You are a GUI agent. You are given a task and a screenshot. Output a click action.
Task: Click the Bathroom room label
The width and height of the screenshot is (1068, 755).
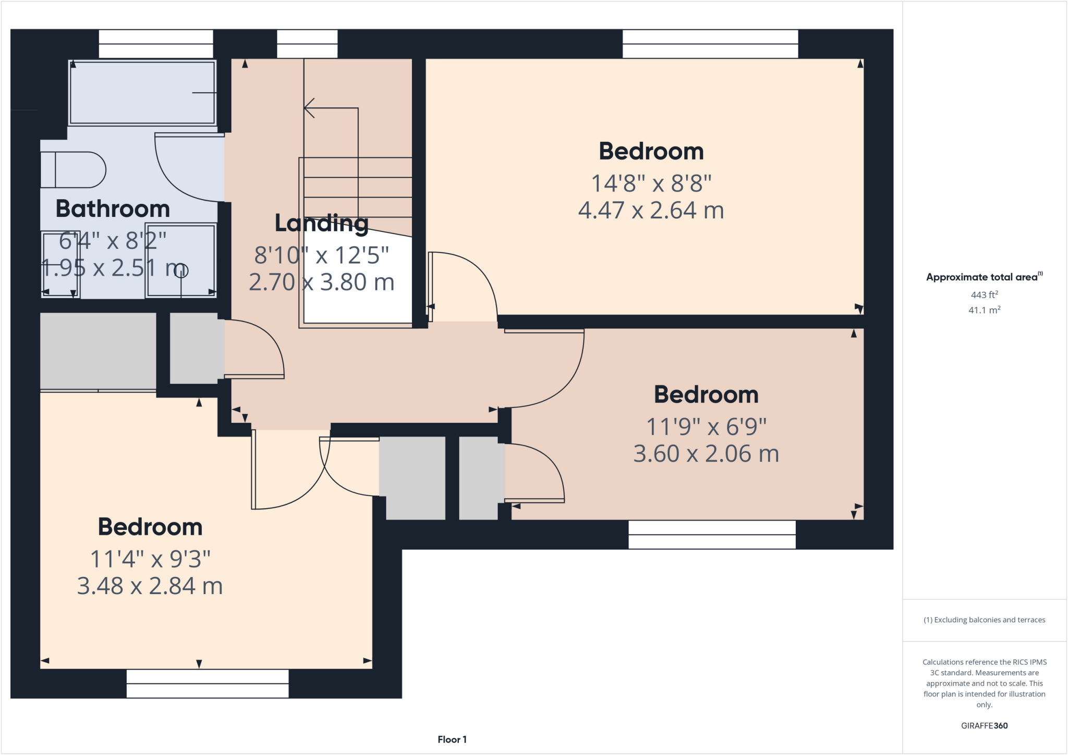pyautogui.click(x=113, y=209)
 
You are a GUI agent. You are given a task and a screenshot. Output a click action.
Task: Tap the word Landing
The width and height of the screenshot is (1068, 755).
pyautogui.click(x=321, y=224)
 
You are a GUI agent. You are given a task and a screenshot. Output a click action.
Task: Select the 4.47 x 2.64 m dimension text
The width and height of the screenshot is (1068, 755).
pyautogui.click(x=651, y=211)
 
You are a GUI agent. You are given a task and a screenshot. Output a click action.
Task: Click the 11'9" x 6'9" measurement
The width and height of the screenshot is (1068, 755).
pyautogui.click(x=706, y=427)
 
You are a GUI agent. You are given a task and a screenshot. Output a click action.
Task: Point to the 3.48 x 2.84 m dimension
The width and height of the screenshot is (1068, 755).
pyautogui.click(x=150, y=586)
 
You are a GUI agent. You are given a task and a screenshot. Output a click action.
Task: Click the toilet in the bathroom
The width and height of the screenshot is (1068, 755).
pyautogui.click(x=73, y=170)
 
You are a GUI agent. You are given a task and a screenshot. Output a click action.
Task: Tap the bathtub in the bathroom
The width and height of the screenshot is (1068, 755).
pyautogui.click(x=142, y=93)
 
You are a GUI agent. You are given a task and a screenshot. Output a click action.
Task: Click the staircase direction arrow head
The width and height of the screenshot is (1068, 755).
pyautogui.click(x=309, y=108)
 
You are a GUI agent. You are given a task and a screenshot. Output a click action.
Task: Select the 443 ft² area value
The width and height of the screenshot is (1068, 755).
pyautogui.click(x=984, y=295)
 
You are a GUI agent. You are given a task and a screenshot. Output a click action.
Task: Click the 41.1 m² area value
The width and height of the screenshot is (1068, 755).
pyautogui.click(x=984, y=310)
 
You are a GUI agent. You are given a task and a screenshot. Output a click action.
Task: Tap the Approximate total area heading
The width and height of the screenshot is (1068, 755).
pyautogui.click(x=984, y=277)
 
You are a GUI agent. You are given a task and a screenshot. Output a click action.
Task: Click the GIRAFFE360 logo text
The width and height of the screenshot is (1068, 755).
pyautogui.click(x=984, y=725)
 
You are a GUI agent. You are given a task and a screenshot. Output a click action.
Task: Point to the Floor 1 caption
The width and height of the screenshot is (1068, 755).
pyautogui.click(x=452, y=739)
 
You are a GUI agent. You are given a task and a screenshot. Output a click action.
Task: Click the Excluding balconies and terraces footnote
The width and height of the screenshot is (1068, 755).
pyautogui.click(x=984, y=620)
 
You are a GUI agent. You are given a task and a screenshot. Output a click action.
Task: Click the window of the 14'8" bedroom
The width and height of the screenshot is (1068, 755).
pyautogui.click(x=710, y=44)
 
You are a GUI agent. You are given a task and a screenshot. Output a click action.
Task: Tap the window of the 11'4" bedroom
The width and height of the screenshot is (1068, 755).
pyautogui.click(x=208, y=683)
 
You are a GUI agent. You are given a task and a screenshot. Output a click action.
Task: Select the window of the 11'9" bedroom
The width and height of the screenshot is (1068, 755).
pyautogui.click(x=712, y=534)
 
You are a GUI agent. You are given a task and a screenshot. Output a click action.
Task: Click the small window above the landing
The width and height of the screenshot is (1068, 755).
pyautogui.click(x=307, y=44)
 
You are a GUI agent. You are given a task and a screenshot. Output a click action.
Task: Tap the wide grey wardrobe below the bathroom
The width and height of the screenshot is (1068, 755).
pyautogui.click(x=98, y=351)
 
